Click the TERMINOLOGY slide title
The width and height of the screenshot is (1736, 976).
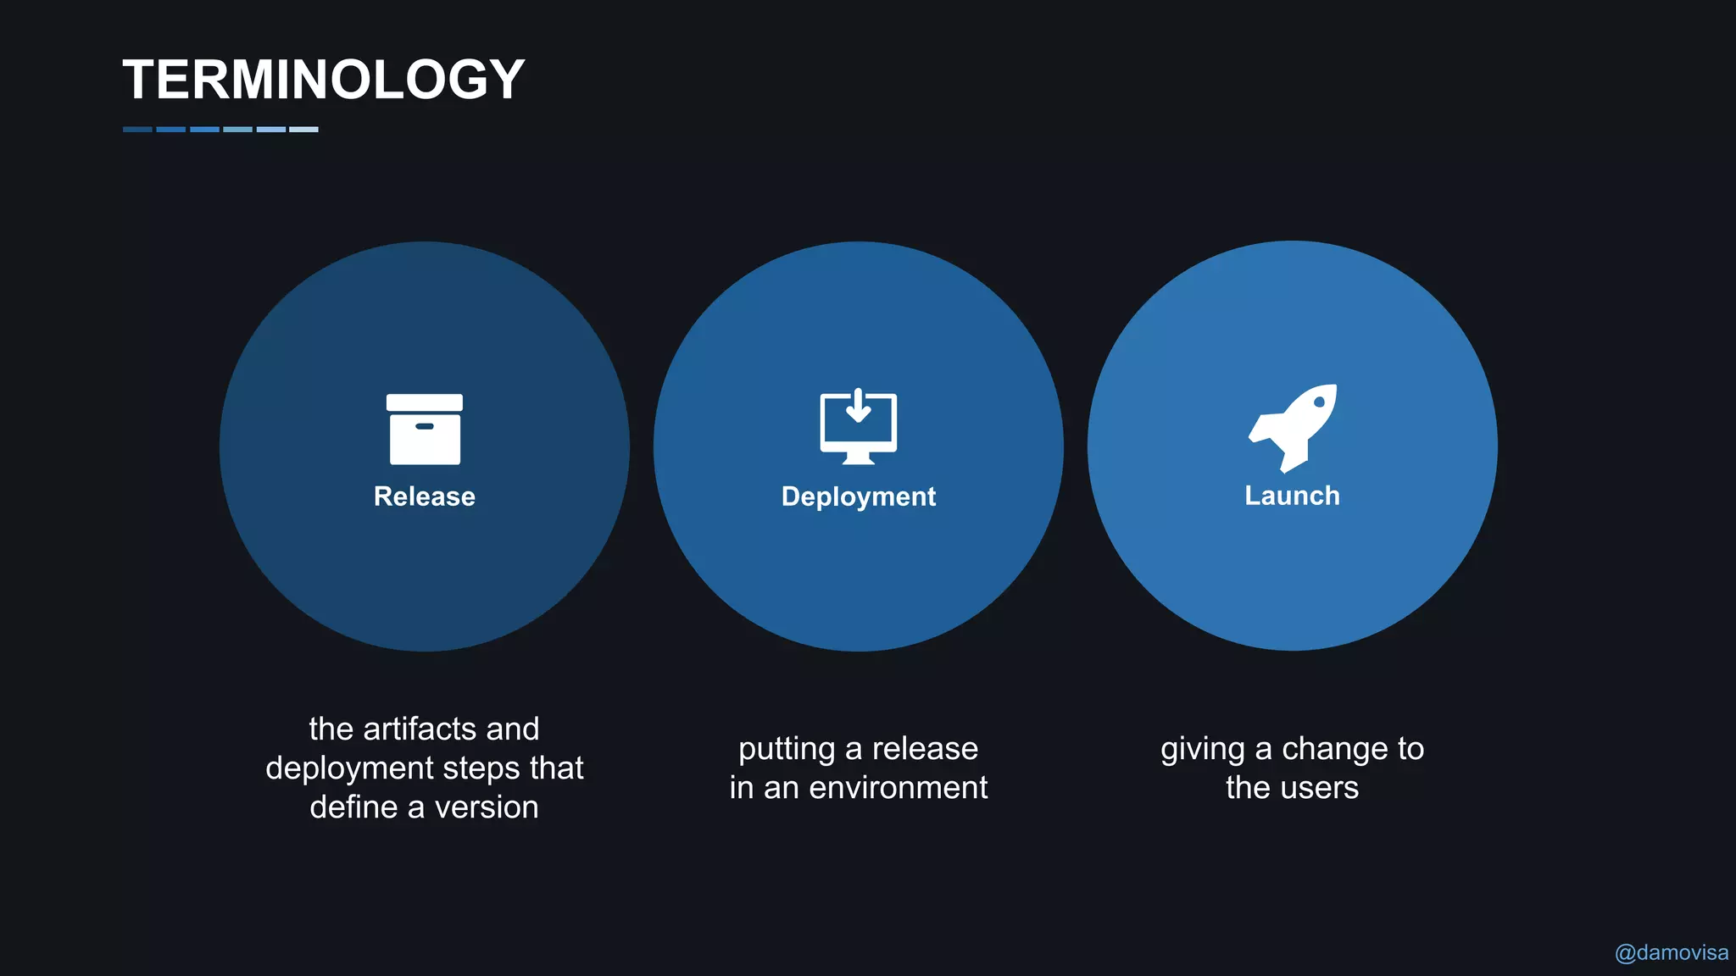tap(324, 80)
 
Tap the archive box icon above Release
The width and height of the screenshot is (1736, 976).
tap(425, 430)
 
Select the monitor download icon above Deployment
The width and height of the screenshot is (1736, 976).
tap(858, 427)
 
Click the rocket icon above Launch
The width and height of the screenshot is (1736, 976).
tap(1294, 426)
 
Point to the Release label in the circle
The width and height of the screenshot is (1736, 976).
tap(425, 496)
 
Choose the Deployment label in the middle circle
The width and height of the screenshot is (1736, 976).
tap(858, 496)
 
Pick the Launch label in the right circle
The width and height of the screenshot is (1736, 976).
tap(1292, 496)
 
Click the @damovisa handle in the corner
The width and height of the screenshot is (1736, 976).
tap(1671, 953)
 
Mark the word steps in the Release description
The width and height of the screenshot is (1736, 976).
tap(482, 768)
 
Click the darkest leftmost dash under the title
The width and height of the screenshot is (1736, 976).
tap(137, 130)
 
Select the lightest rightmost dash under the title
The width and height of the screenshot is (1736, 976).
tap(303, 130)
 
